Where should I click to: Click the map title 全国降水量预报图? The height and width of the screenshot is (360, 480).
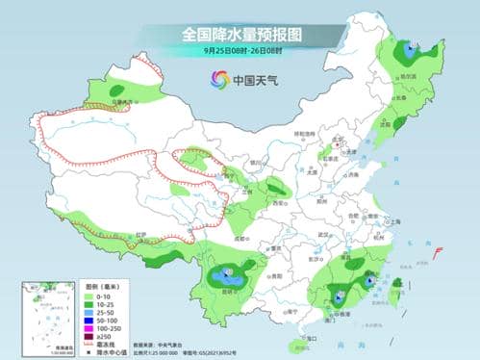coord(240,33)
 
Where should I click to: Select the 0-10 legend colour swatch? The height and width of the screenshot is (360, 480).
coord(91,296)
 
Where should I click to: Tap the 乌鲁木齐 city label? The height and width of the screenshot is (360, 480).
coord(120,99)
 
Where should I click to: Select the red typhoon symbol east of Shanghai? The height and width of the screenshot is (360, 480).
coord(438,252)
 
